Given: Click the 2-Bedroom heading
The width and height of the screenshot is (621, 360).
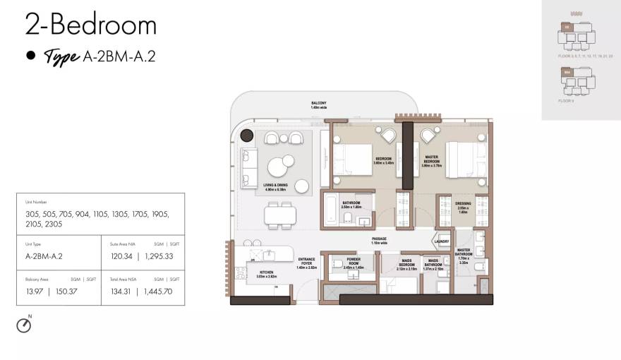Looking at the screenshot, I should [90, 25].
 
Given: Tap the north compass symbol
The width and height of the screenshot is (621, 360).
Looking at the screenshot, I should [25, 325].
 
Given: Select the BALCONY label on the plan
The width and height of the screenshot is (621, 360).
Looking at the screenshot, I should [319, 103].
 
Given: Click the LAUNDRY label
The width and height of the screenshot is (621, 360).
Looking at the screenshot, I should [442, 241].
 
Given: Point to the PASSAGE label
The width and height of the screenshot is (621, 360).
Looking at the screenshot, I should [379, 240].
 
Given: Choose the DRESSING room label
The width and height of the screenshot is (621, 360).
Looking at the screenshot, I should [463, 206].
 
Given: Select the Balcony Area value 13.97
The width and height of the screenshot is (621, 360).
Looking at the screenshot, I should [35, 291].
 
